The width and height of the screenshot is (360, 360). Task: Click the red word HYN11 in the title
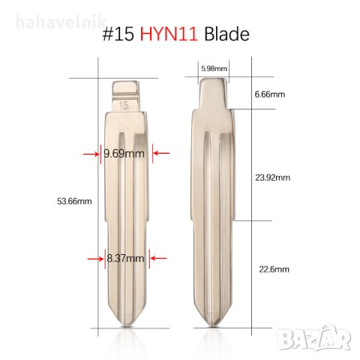click(169, 34)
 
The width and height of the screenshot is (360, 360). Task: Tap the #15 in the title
click(118, 34)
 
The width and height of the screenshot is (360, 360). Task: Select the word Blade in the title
click(226, 34)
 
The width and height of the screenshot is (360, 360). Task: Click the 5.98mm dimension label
click(214, 68)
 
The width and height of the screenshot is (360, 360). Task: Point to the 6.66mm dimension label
click(270, 94)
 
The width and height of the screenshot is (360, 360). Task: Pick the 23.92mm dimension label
click(272, 178)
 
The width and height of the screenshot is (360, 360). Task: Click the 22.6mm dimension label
click(274, 269)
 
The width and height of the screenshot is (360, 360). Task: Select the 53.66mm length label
click(74, 201)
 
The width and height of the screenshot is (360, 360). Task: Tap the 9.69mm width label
click(124, 154)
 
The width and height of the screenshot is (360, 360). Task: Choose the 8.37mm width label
click(125, 258)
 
